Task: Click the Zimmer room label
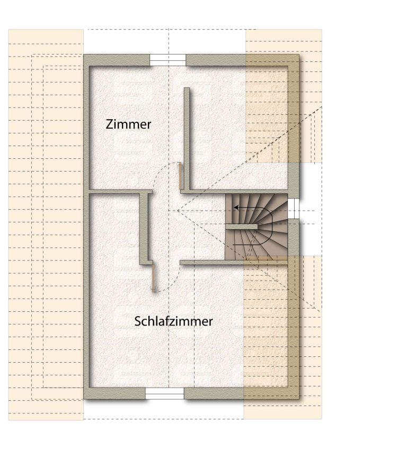click(x=128, y=124)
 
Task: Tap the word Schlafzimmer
click(x=173, y=321)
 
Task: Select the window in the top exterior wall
click(x=168, y=60)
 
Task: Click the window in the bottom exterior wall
click(x=165, y=393)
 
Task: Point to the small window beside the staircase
click(x=294, y=209)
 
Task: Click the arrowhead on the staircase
click(x=236, y=207)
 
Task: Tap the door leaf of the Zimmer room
click(x=180, y=176)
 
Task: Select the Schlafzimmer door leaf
click(x=154, y=278)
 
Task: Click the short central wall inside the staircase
click(x=241, y=227)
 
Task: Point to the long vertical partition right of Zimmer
click(x=187, y=139)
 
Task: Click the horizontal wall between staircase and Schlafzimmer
click(x=234, y=262)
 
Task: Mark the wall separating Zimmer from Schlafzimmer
click(x=121, y=192)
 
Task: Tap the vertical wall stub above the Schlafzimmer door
click(x=145, y=229)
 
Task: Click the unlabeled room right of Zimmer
click(x=238, y=129)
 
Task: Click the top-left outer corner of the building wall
click(x=84, y=55)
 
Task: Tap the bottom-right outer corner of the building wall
click(x=299, y=399)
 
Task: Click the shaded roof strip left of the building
click(x=46, y=224)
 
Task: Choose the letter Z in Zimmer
click(x=109, y=124)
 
